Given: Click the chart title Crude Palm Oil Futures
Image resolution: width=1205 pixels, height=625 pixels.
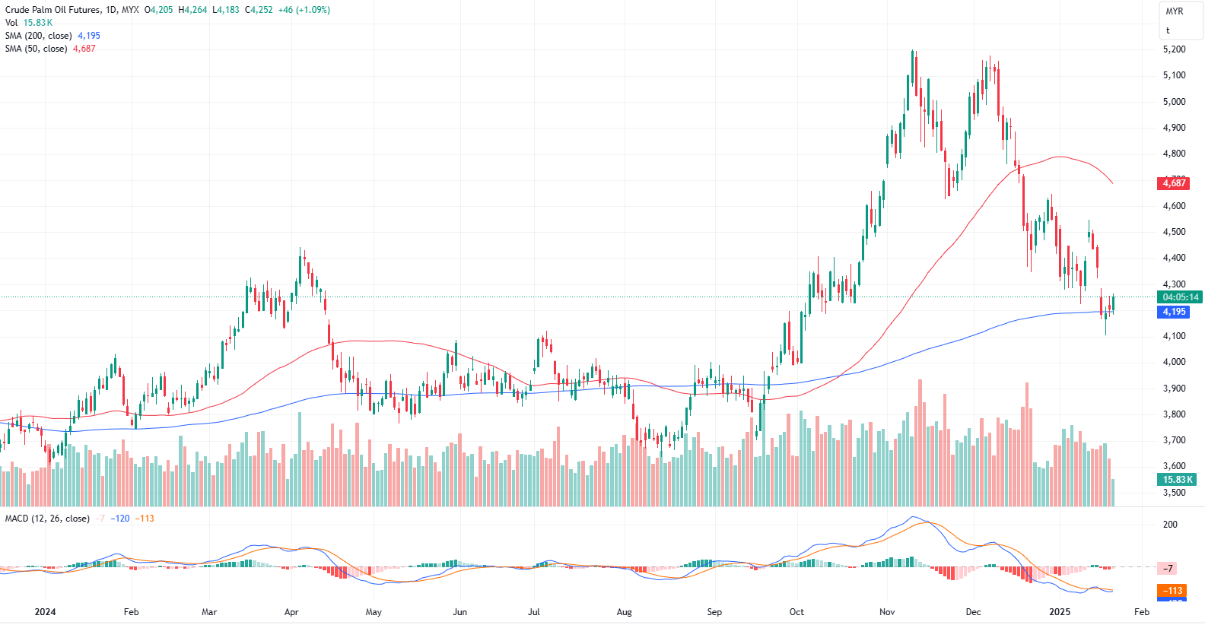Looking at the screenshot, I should pyautogui.click(x=52, y=10).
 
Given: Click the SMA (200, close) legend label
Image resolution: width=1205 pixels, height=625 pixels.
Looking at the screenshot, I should pyautogui.click(x=38, y=36).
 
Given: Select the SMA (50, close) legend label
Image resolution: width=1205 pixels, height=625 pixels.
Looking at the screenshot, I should pyautogui.click(x=36, y=49).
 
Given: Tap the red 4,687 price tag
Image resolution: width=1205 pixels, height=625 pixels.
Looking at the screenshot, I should pyautogui.click(x=1174, y=183).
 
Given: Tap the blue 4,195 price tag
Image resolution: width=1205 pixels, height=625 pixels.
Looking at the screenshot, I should pyautogui.click(x=1174, y=312).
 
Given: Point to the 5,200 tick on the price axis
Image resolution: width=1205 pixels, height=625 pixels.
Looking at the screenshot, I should pyautogui.click(x=1174, y=49).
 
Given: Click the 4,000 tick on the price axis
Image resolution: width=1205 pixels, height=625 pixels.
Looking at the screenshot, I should pyautogui.click(x=1174, y=362).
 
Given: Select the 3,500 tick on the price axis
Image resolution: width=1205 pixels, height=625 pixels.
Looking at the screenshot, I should pyautogui.click(x=1174, y=493).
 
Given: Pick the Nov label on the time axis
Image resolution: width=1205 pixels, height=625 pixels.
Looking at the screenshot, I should pyautogui.click(x=886, y=612).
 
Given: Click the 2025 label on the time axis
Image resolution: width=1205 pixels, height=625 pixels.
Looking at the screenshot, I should pyautogui.click(x=1059, y=612).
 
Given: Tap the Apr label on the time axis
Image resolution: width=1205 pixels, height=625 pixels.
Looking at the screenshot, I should pyautogui.click(x=291, y=612).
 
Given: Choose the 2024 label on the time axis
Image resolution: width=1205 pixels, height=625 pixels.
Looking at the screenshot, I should pyautogui.click(x=45, y=612).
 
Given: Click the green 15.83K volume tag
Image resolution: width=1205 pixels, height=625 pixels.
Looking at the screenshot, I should pyautogui.click(x=1177, y=480).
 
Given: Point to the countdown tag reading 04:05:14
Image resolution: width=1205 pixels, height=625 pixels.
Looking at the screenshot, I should pyautogui.click(x=1180, y=297).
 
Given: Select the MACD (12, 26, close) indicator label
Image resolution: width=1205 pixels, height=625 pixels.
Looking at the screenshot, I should pyautogui.click(x=47, y=519).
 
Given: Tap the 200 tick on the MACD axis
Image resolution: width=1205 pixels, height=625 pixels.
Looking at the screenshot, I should pyautogui.click(x=1170, y=525).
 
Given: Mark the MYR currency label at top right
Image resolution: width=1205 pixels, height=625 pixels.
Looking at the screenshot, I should pyautogui.click(x=1175, y=11).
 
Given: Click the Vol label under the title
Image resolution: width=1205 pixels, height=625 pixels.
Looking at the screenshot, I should pyautogui.click(x=11, y=23).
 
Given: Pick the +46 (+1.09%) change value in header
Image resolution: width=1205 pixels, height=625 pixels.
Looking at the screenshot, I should pyautogui.click(x=304, y=10).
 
